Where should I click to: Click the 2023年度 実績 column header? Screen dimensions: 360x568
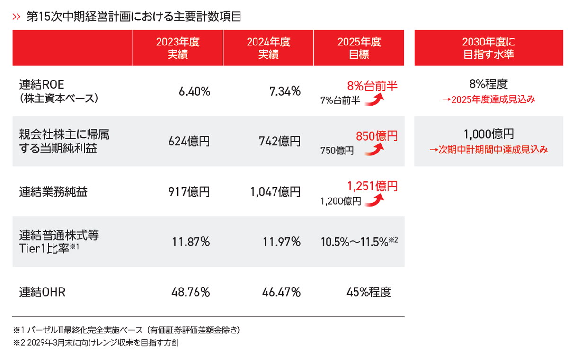[x=178, y=48]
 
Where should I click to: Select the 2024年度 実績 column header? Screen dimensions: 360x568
[x=268, y=48]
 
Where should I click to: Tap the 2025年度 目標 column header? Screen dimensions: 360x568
[x=359, y=48]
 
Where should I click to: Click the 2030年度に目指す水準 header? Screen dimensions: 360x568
[x=488, y=48]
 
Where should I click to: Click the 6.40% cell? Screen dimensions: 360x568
[x=194, y=91]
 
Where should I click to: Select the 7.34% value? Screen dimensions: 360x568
[x=285, y=91]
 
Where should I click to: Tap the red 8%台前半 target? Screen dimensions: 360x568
[x=372, y=86]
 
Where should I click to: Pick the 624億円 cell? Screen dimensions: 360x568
[x=189, y=142]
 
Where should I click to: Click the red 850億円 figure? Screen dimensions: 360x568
[x=377, y=136]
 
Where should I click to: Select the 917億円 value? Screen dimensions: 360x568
[x=189, y=192]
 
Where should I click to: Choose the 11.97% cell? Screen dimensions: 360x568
[x=282, y=242]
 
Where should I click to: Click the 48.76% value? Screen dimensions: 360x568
[x=191, y=292]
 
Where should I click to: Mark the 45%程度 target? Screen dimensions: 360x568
[x=369, y=292]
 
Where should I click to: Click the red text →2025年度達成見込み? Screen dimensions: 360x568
[x=488, y=99]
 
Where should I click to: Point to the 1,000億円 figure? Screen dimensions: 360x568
[x=488, y=134]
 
